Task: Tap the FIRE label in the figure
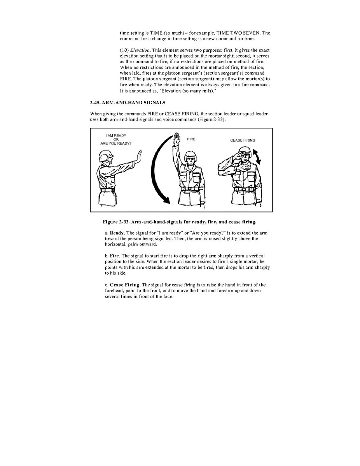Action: click(x=191, y=139)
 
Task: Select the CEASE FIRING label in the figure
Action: click(x=243, y=140)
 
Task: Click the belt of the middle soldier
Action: click(x=191, y=189)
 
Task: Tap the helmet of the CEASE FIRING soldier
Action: click(x=242, y=150)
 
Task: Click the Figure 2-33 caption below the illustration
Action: click(x=179, y=222)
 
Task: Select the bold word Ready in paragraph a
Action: click(x=116, y=233)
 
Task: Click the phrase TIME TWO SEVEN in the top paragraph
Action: click(x=243, y=33)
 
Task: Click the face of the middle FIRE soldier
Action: click(x=190, y=161)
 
